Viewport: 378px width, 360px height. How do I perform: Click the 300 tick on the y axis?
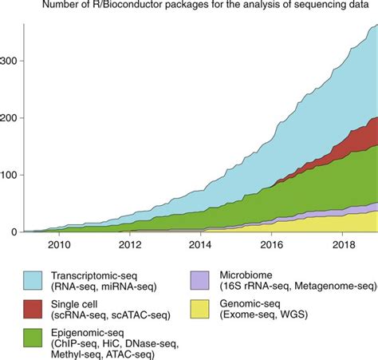pos(10,61)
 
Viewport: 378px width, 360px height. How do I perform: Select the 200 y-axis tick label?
pos(10,118)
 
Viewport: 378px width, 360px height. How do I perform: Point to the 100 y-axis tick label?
pos(10,175)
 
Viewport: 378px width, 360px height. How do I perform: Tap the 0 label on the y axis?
pos(14,232)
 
